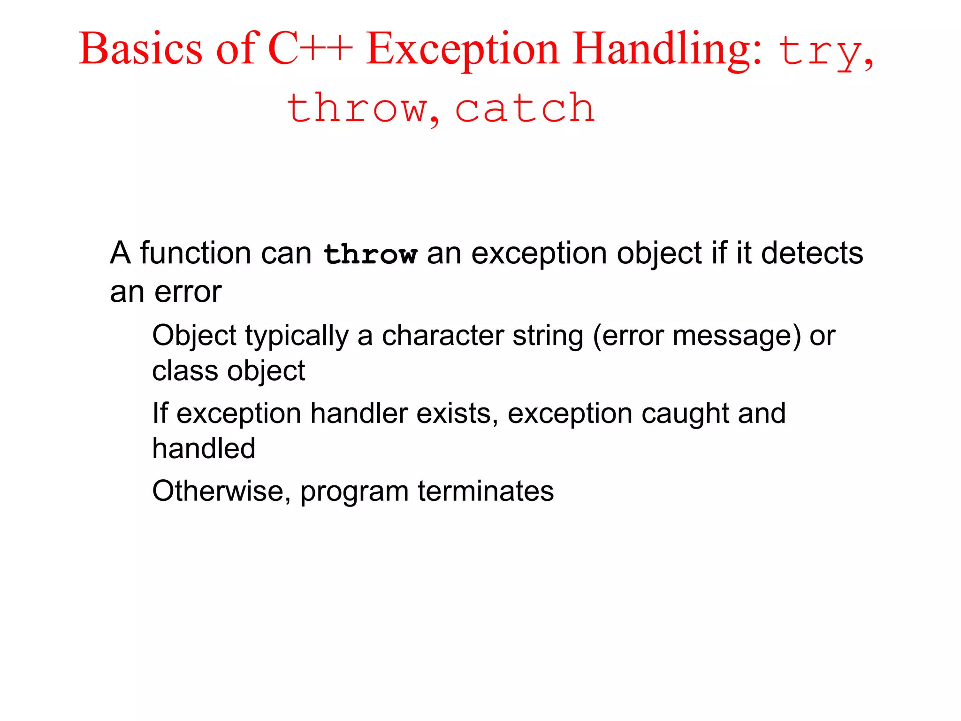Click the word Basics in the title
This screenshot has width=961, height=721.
tap(141, 49)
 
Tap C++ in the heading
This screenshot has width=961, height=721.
tap(310, 49)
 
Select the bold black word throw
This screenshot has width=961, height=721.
tap(370, 254)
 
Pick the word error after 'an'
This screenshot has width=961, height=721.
tap(188, 292)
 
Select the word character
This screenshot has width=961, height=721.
tap(443, 336)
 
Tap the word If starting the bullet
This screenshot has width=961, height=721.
tap(160, 413)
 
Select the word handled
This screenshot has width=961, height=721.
tap(204, 448)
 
